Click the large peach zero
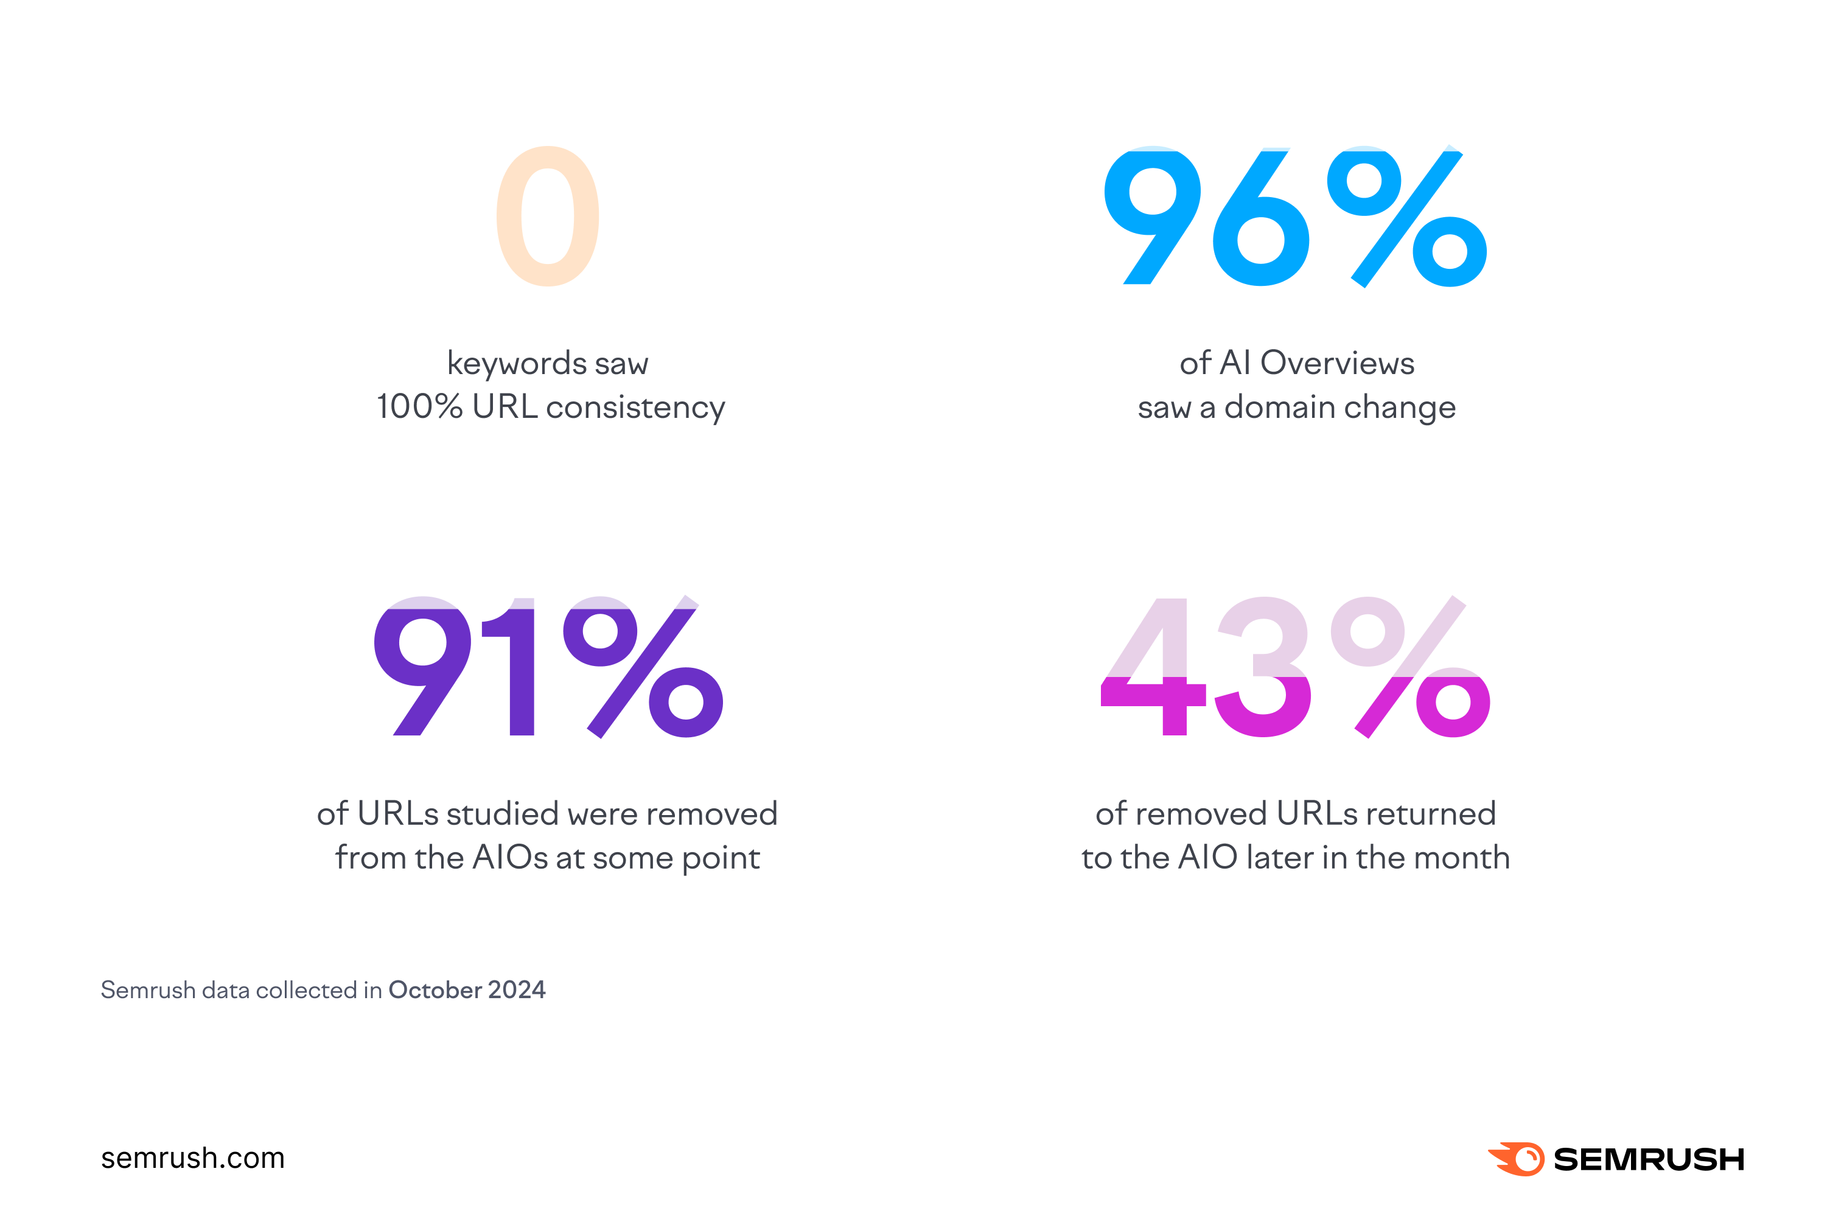(548, 216)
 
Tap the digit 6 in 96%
(1260, 232)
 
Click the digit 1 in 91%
(515, 666)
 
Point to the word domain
(1279, 408)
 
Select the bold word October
(435, 990)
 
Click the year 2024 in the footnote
(517, 990)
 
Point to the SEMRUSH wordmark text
(1649, 1159)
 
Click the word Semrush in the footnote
(148, 990)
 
